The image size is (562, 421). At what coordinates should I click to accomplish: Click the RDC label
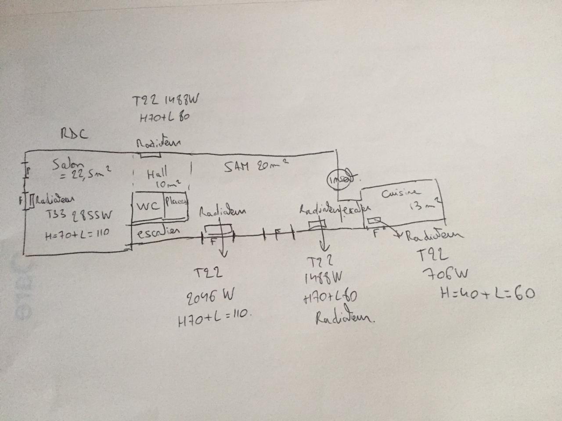pyautogui.click(x=73, y=134)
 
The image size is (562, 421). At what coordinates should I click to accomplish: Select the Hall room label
pyautogui.click(x=157, y=173)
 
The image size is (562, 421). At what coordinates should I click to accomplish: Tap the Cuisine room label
pyautogui.click(x=400, y=193)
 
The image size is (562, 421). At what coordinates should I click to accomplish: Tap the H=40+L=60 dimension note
pyautogui.click(x=487, y=293)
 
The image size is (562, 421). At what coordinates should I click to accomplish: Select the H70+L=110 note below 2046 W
pyautogui.click(x=214, y=319)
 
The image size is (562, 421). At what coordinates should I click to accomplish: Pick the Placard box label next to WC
pyautogui.click(x=177, y=202)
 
